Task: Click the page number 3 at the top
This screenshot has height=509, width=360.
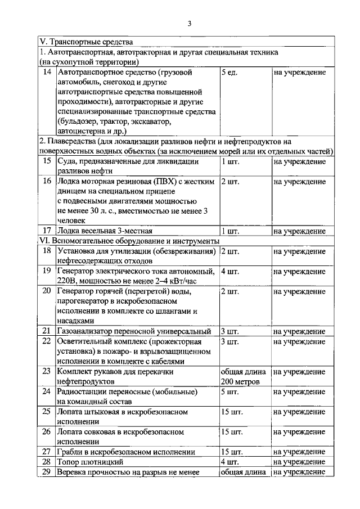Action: click(x=190, y=23)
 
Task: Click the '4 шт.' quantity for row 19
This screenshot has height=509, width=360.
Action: click(x=231, y=271)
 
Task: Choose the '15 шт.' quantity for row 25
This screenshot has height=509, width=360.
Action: click(x=232, y=412)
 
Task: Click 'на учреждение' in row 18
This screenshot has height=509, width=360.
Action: click(x=299, y=251)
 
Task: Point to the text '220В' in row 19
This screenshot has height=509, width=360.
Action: click(x=66, y=281)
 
